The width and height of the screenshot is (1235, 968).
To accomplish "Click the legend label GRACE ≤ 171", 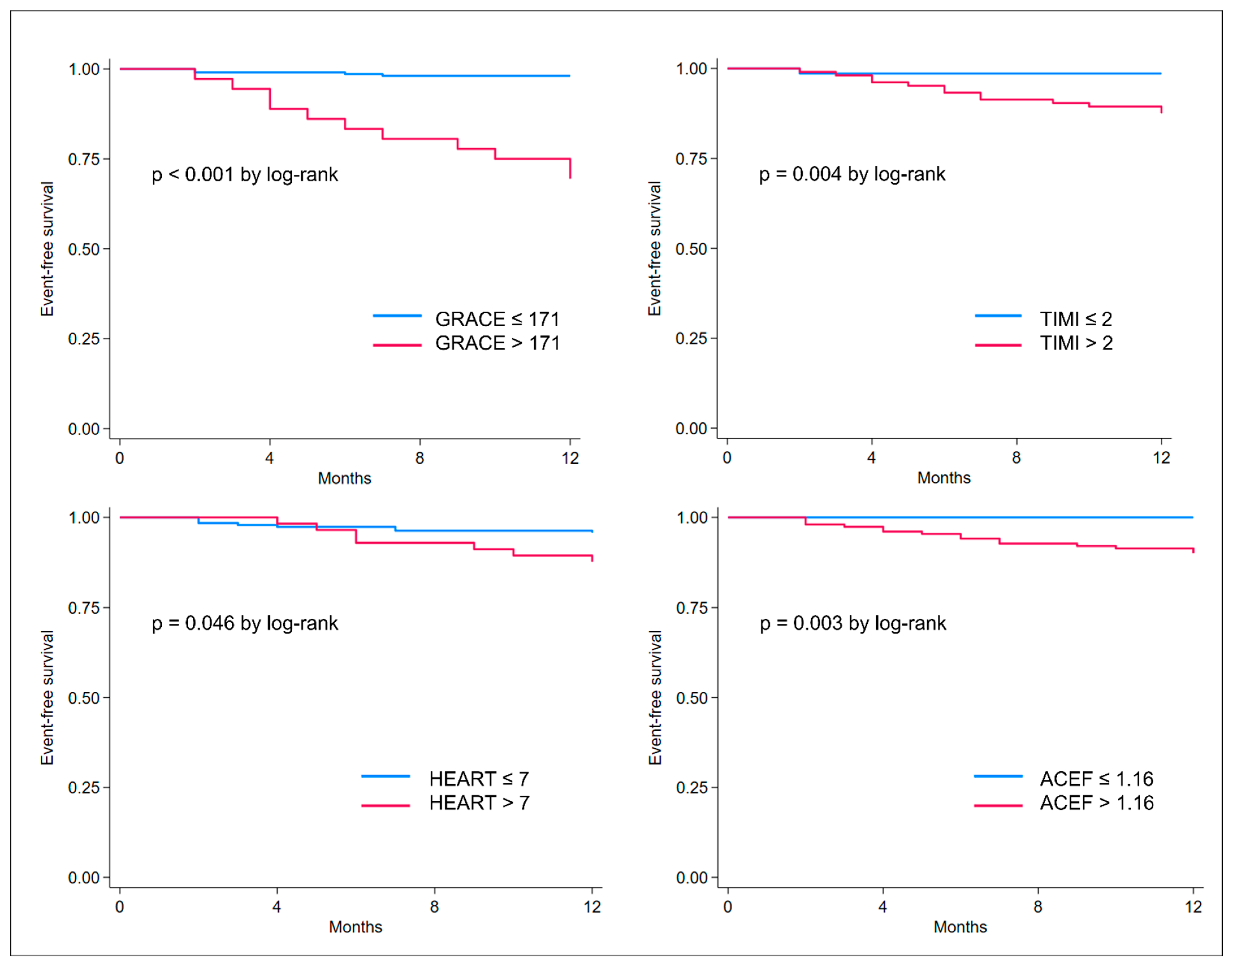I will [497, 319].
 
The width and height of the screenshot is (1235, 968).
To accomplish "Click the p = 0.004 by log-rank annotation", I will [852, 174].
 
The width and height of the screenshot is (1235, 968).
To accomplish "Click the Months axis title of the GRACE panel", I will [344, 478].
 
